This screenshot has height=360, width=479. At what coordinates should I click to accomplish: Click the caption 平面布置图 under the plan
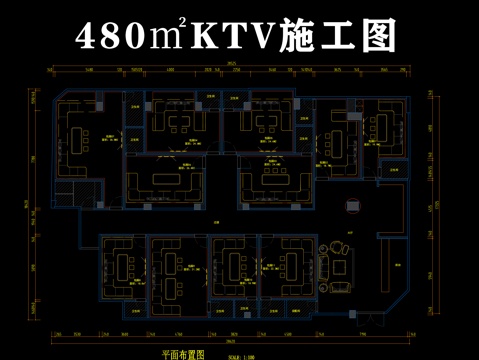183,353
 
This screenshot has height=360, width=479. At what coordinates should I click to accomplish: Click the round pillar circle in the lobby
352,205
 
